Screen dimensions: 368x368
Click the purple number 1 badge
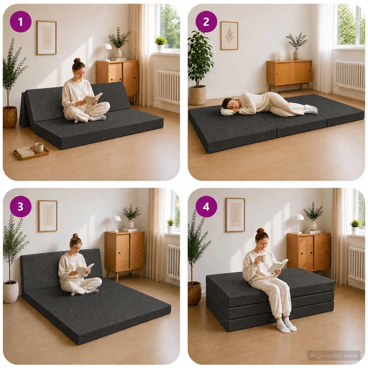(20, 22)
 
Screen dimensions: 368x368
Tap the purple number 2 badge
(206, 22)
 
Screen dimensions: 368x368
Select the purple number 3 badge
(20, 207)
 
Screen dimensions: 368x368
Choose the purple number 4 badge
(206, 207)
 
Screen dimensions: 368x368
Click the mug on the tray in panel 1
(39, 147)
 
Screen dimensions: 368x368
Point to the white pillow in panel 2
(229, 112)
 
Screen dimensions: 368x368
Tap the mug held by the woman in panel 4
(263, 259)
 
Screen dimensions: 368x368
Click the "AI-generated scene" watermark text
(333, 356)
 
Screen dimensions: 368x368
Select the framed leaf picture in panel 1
(46, 38)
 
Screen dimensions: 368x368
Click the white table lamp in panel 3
(116, 223)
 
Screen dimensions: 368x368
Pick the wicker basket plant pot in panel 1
(10, 117)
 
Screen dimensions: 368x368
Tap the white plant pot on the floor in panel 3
(11, 291)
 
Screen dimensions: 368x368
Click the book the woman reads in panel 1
(93, 98)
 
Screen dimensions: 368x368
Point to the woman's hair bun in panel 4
(260, 230)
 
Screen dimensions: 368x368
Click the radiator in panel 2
(350, 75)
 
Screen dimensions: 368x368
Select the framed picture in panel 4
(235, 215)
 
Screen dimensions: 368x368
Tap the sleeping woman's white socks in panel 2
(310, 108)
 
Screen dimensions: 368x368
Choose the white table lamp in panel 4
(298, 223)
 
